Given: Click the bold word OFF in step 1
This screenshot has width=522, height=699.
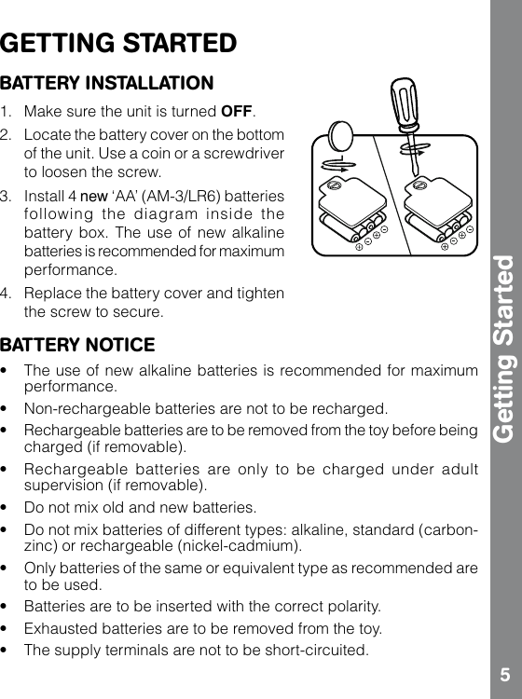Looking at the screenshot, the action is (x=237, y=114).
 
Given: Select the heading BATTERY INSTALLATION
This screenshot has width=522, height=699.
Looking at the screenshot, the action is (x=106, y=84).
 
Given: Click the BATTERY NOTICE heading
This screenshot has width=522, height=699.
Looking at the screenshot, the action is (x=78, y=346).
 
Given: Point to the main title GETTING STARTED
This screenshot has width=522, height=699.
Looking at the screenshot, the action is (x=118, y=44).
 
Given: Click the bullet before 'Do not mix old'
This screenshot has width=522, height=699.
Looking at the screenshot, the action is (x=7, y=508).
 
